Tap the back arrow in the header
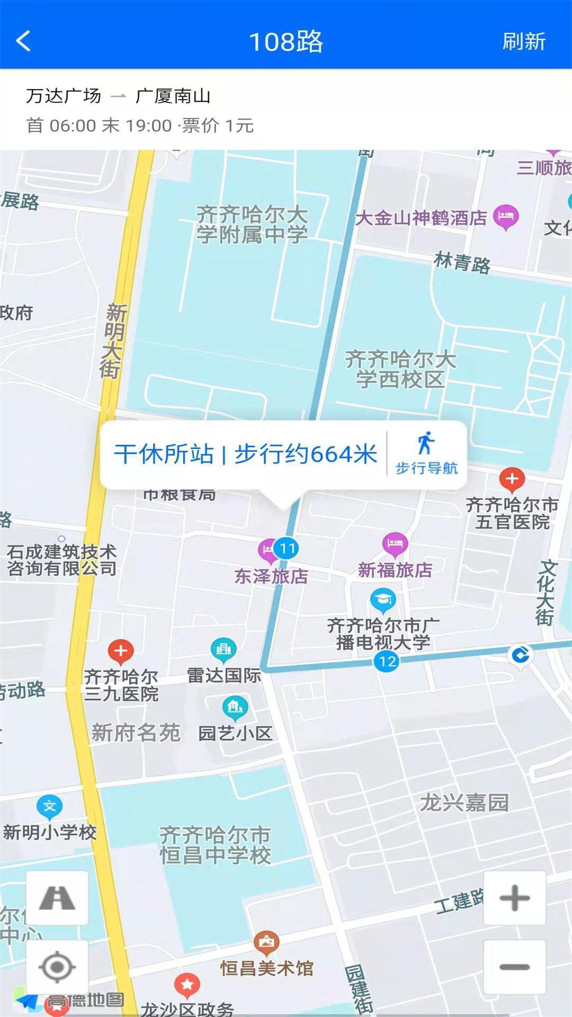(x=24, y=41)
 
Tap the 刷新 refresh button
(x=523, y=41)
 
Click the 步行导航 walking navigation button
(x=426, y=453)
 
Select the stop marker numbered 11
(x=287, y=548)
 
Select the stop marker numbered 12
(x=387, y=661)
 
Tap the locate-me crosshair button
(x=57, y=967)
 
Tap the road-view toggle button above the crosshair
(x=57, y=898)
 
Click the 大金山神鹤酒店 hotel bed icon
(x=506, y=216)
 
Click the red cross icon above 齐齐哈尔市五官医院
(x=512, y=479)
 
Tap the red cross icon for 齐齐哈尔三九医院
(x=121, y=651)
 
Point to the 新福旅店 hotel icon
(x=395, y=543)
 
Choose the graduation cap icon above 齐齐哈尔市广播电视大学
(x=382, y=600)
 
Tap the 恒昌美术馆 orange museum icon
(x=266, y=942)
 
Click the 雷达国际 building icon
(x=224, y=649)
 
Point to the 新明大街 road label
(x=112, y=341)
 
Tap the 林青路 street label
(x=462, y=262)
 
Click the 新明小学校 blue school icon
(x=49, y=807)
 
